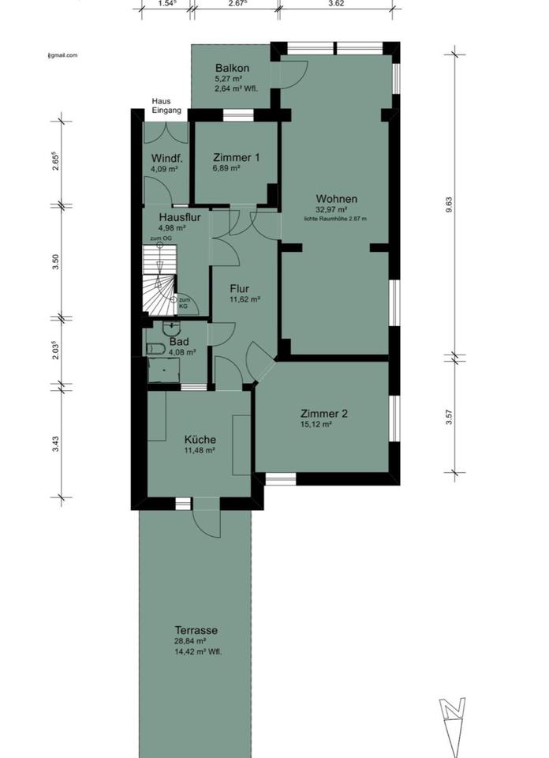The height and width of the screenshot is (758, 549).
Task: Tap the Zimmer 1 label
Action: [235, 157]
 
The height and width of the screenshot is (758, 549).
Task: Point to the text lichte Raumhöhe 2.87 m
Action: [336, 218]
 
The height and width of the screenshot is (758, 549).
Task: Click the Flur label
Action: [240, 288]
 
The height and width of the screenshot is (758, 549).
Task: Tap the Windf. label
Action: [166, 157]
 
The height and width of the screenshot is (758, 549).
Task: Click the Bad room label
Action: [178, 342]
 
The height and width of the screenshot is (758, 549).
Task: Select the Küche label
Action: [200, 439]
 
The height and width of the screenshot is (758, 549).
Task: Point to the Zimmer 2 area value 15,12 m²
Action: [316, 424]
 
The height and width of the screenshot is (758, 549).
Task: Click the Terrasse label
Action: [196, 630]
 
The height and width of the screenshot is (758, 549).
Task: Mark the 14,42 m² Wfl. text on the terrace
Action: [196, 652]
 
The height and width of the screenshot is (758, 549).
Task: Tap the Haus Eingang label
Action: [166, 106]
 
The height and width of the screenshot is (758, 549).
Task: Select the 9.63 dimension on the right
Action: [449, 204]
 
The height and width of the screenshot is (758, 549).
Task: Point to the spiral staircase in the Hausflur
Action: [162, 281]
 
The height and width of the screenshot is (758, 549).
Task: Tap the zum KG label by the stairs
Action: [184, 303]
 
